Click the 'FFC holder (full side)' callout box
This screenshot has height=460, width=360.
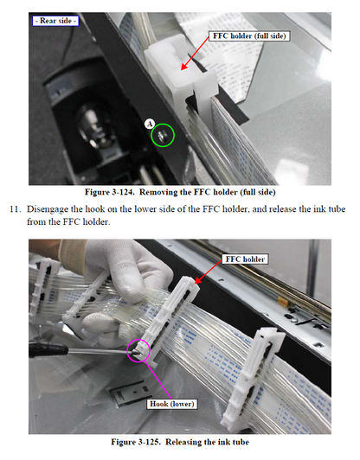pos(249,36)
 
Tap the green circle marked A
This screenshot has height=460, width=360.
pos(163,135)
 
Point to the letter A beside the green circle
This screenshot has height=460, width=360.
pos(150,124)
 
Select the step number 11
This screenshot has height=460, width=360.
pos(14,209)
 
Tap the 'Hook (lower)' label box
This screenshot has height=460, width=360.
pos(172,403)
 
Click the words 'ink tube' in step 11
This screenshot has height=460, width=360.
pos(323,209)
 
